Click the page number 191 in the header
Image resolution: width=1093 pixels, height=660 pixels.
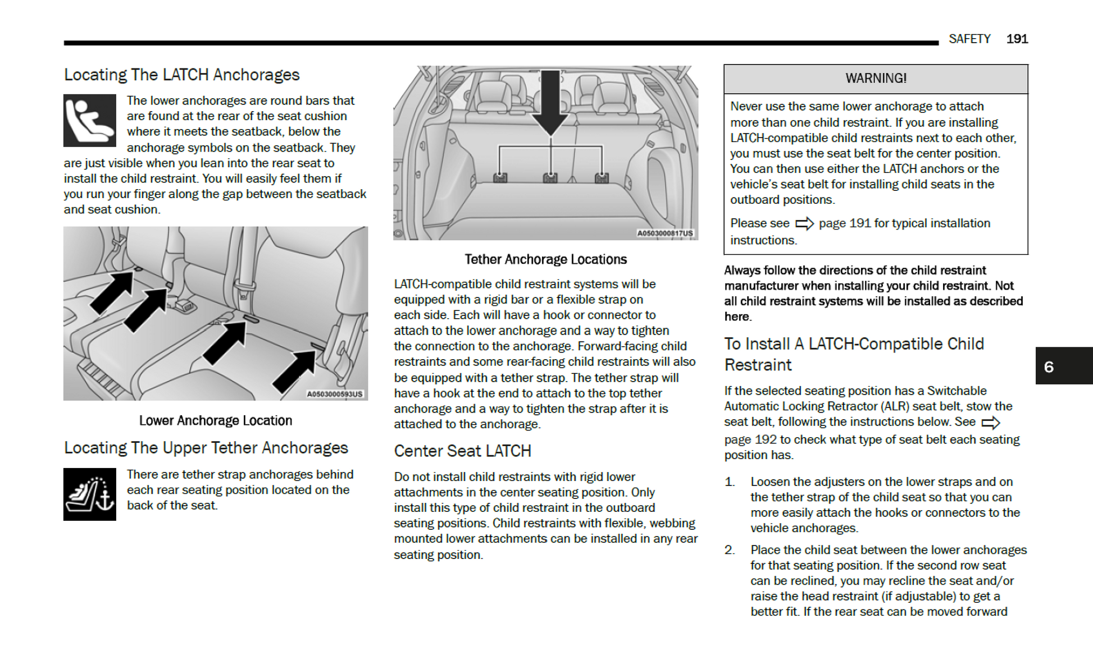[x=1017, y=39]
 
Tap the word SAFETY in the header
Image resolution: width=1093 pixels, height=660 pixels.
[x=969, y=39]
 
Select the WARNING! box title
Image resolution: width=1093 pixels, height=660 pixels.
[x=876, y=79]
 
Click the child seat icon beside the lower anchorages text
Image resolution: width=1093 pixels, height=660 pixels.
[x=90, y=120]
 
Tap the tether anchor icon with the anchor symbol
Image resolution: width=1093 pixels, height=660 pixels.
[x=90, y=494]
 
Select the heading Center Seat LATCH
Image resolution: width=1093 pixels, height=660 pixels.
[x=462, y=451]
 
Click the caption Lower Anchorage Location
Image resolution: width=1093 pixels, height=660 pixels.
[x=216, y=420]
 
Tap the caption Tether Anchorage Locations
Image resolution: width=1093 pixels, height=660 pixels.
[x=545, y=259]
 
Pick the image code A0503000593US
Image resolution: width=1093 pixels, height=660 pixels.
[x=335, y=394]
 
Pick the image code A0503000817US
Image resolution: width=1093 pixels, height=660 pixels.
[x=665, y=233]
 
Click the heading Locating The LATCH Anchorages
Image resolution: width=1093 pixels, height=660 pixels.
[x=181, y=75]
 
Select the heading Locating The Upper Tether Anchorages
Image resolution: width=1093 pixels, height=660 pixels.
[x=206, y=447]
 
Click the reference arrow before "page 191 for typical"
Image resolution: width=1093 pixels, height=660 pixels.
[x=804, y=224]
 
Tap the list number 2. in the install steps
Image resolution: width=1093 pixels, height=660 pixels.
[x=730, y=550]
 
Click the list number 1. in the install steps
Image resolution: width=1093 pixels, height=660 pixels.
[x=730, y=482]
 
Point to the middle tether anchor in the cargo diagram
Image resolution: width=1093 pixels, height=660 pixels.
[x=550, y=177]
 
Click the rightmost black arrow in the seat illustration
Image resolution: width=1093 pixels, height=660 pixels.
[x=294, y=370]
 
